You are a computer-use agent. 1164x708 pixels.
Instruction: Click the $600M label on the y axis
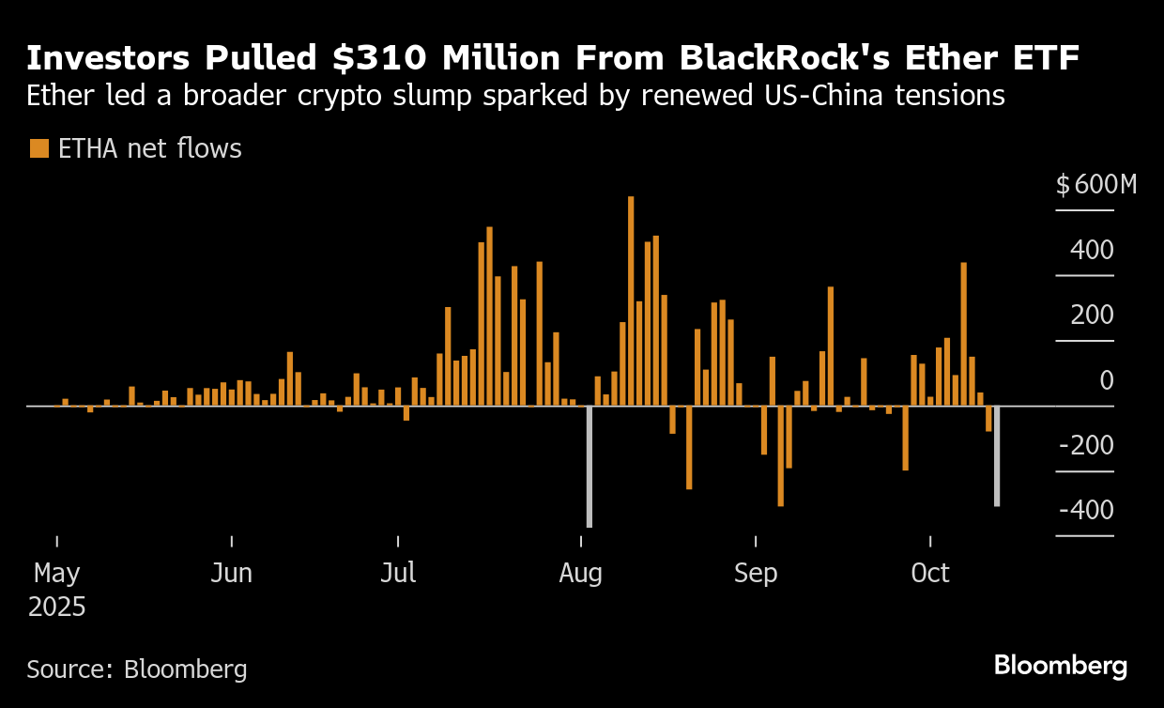[1095, 185]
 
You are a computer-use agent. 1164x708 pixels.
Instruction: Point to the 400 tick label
[1093, 251]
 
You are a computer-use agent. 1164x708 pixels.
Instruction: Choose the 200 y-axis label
[1093, 316]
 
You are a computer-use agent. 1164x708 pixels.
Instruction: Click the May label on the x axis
[56, 573]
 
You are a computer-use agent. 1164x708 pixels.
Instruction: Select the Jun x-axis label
[231, 573]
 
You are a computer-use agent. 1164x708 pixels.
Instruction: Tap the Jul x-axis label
[398, 573]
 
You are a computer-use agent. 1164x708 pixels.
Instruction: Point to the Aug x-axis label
[580, 573]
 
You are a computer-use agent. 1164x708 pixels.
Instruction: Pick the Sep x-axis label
[755, 573]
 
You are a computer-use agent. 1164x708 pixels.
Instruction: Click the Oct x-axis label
[930, 573]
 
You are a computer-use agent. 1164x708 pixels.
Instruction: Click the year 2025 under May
[56, 607]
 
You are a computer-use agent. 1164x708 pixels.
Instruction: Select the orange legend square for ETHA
[38, 148]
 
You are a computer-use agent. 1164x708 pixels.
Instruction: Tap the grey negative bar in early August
[590, 466]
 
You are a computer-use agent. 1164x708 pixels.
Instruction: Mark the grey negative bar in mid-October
[996, 456]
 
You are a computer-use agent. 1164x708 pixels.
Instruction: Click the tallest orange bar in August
[631, 300]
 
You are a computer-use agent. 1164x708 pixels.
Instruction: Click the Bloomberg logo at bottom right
[1060, 666]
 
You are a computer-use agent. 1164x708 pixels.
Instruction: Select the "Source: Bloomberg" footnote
[137, 670]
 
